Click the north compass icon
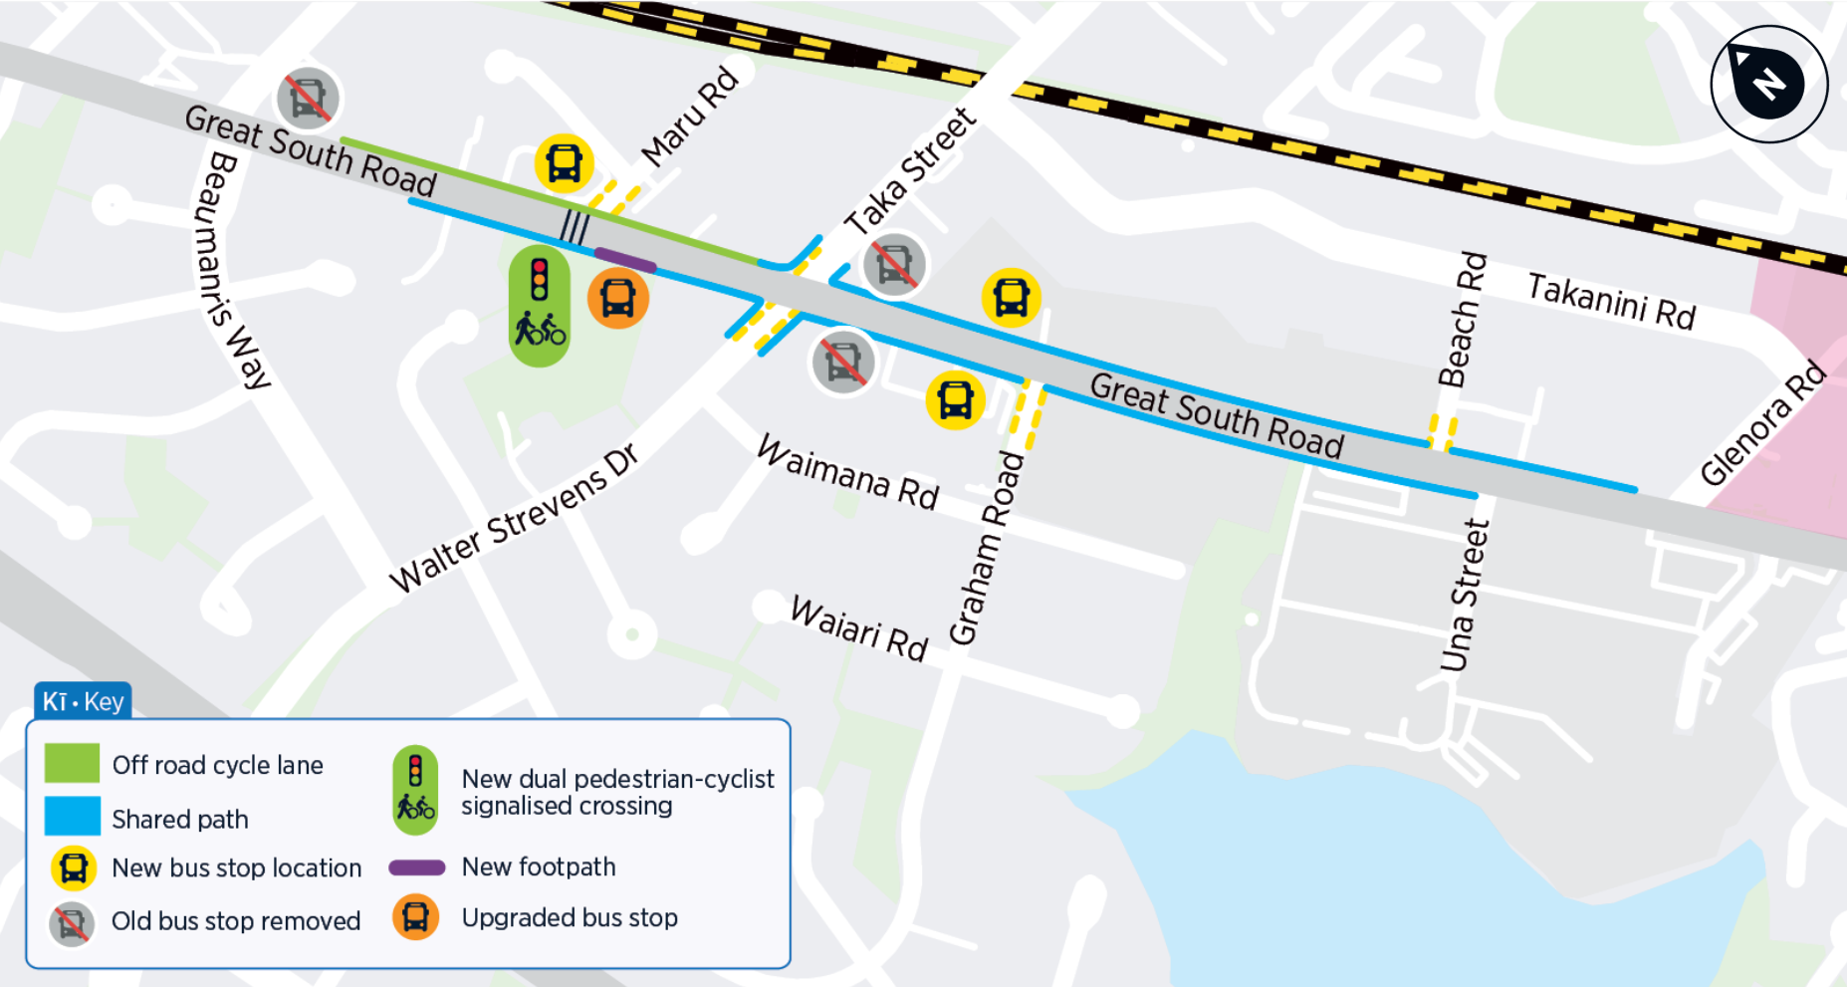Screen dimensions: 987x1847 1768,84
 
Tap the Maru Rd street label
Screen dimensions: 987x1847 690,117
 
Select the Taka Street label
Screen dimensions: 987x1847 910,171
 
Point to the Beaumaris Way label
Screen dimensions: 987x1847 231,270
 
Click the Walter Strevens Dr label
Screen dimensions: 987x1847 514,518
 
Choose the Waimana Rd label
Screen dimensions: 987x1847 848,472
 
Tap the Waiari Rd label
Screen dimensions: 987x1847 859,628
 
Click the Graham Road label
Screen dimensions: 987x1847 986,548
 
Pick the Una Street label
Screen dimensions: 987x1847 1465,595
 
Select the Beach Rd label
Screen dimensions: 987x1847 1461,320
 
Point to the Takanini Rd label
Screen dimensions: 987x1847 1611,301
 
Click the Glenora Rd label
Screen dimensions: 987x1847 1763,422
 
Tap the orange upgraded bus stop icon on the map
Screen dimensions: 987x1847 618,298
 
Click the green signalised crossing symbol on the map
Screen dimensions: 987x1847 540,306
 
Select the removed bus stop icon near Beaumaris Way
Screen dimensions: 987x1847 308,99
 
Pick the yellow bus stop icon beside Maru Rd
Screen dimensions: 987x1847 565,163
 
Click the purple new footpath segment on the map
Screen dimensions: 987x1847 625,259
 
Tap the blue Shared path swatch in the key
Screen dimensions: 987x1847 73,817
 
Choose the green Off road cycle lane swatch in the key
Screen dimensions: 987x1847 73,764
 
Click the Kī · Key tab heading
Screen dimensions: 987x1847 84,701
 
